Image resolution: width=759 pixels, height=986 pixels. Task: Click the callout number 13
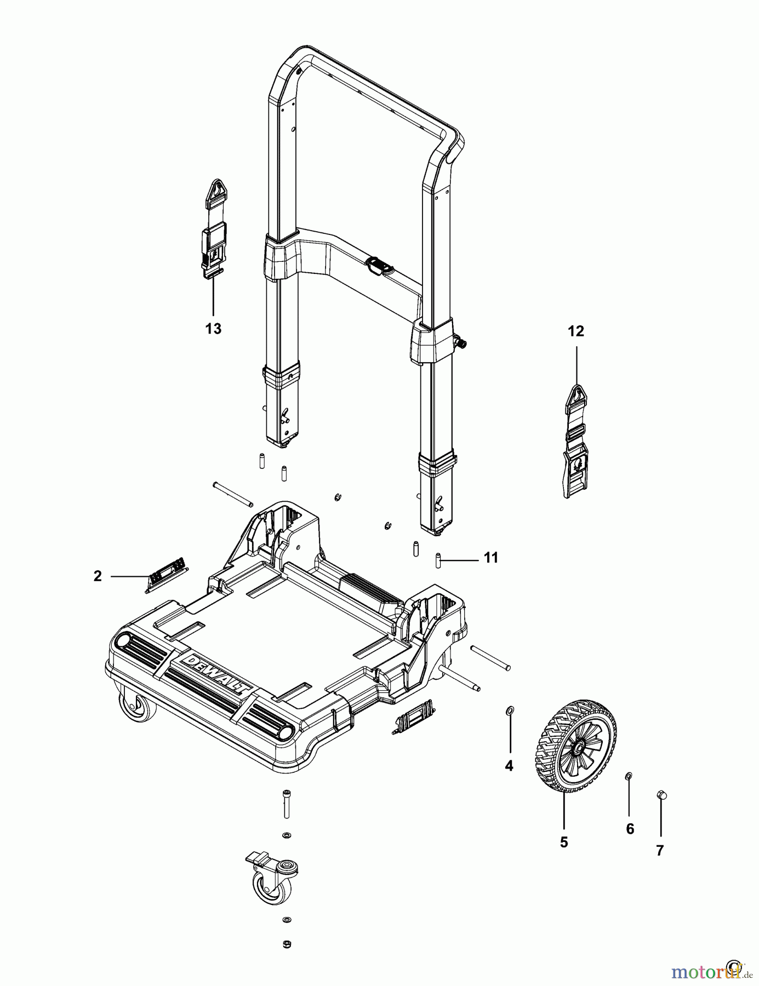pyautogui.click(x=213, y=329)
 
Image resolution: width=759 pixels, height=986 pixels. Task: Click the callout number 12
pyautogui.click(x=576, y=331)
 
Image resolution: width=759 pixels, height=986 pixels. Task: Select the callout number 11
pyautogui.click(x=490, y=558)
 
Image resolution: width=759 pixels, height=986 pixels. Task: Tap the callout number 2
pyautogui.click(x=98, y=576)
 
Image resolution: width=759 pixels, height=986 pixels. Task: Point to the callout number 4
pyautogui.click(x=509, y=766)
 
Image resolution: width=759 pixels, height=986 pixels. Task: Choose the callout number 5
pyautogui.click(x=564, y=842)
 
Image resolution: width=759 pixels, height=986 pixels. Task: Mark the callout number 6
pyautogui.click(x=630, y=829)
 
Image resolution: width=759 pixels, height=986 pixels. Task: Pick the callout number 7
pyautogui.click(x=660, y=850)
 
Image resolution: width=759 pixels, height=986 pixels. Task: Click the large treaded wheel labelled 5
pyautogui.click(x=575, y=745)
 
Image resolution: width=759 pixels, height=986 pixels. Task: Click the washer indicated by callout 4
pyautogui.click(x=510, y=710)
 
